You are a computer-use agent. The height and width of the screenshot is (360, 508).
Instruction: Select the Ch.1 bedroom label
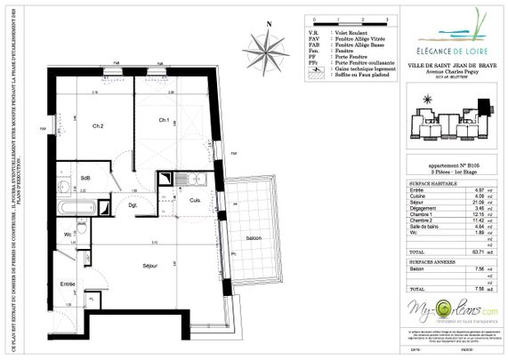[165, 118]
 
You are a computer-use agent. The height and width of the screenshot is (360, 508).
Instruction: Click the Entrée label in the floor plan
[68, 284]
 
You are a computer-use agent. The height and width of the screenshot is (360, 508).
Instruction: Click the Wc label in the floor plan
[68, 234]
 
